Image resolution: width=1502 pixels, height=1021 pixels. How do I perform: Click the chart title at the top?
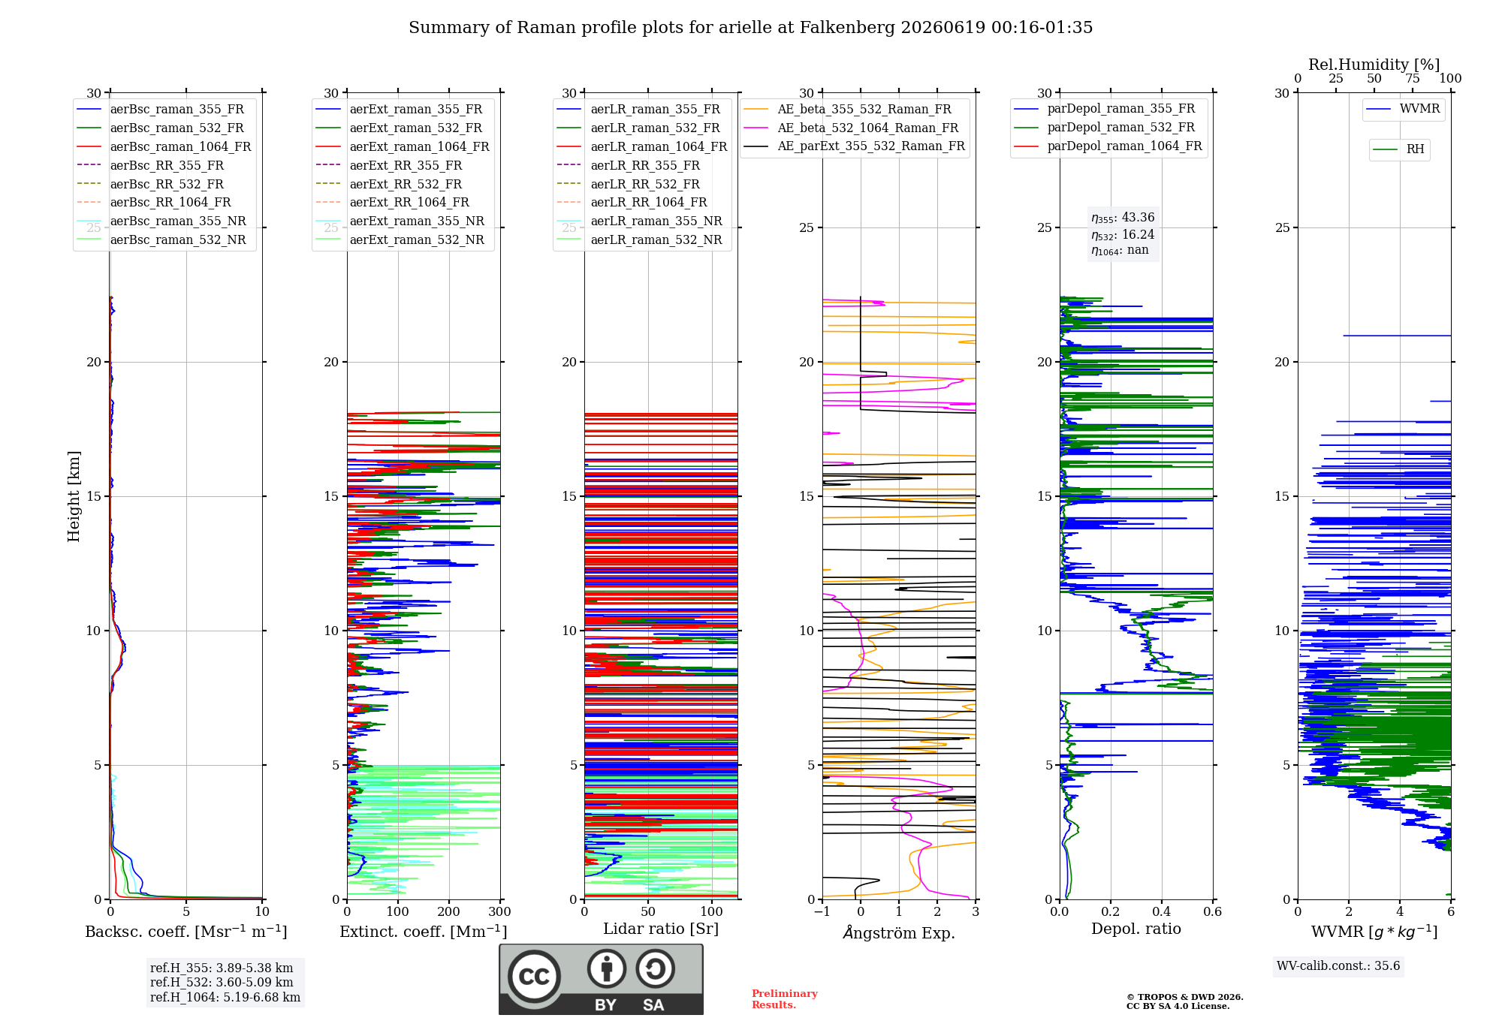(750, 28)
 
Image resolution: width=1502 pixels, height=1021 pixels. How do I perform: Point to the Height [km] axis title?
(74, 496)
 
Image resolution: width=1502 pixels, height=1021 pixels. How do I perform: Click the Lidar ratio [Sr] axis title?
(661, 929)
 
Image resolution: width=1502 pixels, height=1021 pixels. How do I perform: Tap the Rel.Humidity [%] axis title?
(1374, 65)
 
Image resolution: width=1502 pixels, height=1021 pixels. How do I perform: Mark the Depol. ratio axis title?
(1136, 929)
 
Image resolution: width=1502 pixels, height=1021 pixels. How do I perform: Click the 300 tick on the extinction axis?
(499, 911)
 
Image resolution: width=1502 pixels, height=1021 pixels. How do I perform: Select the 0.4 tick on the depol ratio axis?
(1162, 911)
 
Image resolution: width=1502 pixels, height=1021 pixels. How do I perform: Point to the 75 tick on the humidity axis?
(1413, 79)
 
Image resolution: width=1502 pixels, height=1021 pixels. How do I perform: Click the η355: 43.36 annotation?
(1123, 218)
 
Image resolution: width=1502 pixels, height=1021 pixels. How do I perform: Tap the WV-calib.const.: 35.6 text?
(1338, 965)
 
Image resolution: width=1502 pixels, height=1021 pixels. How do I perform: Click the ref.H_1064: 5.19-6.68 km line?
(225, 997)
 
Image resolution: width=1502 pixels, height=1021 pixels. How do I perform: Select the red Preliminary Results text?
(785, 999)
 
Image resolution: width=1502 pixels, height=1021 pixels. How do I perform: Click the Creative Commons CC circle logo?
(534, 976)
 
